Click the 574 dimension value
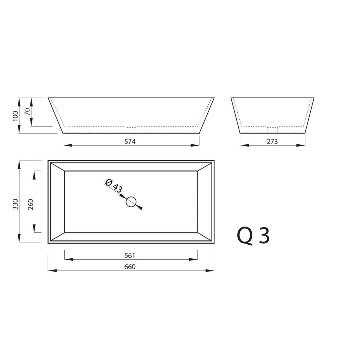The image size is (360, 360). pos(130,142)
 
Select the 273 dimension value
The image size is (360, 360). pos(272,142)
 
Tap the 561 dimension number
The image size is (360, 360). pos(130,255)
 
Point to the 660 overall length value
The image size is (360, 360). pos(130,267)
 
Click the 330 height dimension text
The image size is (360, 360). pos(16,204)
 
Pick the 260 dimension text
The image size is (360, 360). pos(30,204)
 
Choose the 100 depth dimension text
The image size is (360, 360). pos(15,116)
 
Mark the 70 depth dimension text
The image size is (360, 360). pos(27,111)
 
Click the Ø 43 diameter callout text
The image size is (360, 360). pos(114,186)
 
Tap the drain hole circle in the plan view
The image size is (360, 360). pos(131,197)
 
